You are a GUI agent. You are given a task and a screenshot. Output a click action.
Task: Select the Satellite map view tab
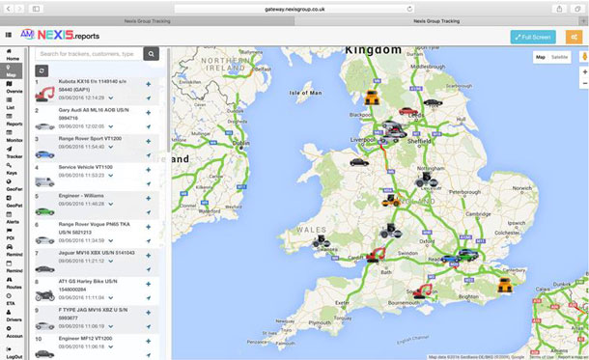pyautogui.click(x=560, y=57)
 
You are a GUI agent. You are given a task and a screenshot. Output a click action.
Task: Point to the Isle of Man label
pyautogui.click(x=311, y=93)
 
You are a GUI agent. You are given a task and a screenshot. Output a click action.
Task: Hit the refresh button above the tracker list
pyautogui.click(x=42, y=70)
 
